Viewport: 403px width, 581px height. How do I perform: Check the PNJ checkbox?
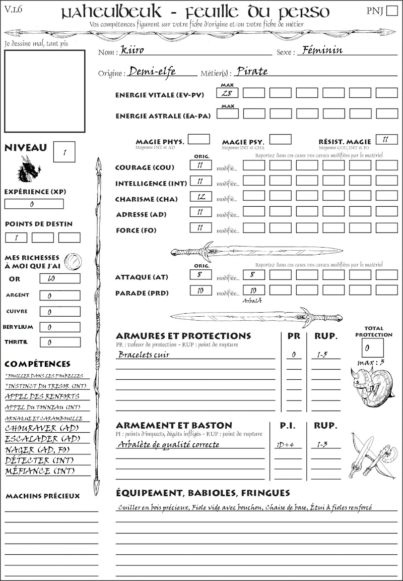pyautogui.click(x=391, y=11)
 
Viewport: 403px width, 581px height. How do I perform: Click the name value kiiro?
pyautogui.click(x=132, y=50)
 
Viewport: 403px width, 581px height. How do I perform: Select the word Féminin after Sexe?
pyautogui.click(x=320, y=50)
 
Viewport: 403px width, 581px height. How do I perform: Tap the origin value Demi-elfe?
pyautogui.click(x=152, y=72)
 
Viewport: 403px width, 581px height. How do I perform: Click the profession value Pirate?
pyautogui.click(x=252, y=72)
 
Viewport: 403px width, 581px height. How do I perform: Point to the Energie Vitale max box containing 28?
pyautogui.click(x=227, y=93)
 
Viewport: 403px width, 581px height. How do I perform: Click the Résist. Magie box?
pyautogui.click(x=386, y=139)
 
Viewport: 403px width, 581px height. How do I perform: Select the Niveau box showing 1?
pyautogui.click(x=64, y=151)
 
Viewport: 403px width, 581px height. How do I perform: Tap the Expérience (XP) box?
pyautogui.click(x=34, y=204)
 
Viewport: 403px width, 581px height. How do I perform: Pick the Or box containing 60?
pyautogui.click(x=59, y=278)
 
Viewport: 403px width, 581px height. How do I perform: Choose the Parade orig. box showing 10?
pyautogui.click(x=200, y=290)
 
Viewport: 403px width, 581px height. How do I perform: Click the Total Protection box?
pyautogui.click(x=372, y=347)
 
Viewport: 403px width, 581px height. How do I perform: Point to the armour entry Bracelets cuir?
pyautogui.click(x=144, y=355)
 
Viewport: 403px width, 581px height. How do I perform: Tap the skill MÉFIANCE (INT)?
pyautogui.click(x=40, y=471)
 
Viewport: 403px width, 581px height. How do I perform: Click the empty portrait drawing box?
pyautogui.click(x=44, y=90)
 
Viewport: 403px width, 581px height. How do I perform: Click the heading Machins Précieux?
pyautogui.click(x=43, y=496)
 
